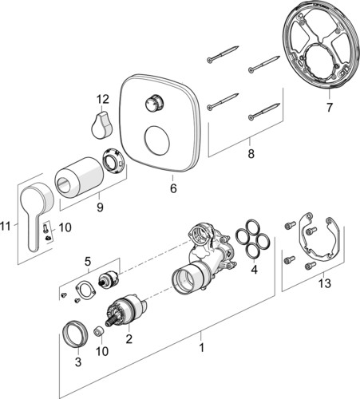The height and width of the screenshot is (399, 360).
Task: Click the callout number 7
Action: [330, 108]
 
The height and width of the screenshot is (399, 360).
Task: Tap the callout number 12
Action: [103, 99]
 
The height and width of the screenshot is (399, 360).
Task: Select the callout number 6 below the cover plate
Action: [173, 188]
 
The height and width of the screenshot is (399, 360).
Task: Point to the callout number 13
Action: [325, 283]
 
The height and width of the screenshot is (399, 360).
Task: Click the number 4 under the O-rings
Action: [255, 270]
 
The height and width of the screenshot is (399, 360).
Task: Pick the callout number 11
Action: [6, 227]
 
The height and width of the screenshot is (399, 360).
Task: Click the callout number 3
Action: [78, 361]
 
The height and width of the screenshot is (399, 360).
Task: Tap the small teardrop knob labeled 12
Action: [101, 124]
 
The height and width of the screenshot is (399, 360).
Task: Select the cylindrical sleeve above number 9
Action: [79, 177]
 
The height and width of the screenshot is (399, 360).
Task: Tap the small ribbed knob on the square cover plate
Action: [154, 104]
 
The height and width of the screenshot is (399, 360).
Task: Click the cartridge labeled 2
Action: [127, 310]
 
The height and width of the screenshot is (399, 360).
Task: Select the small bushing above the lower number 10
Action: [99, 332]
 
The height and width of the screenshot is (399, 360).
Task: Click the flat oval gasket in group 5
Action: [85, 290]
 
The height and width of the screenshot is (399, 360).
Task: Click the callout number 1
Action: [202, 347]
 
